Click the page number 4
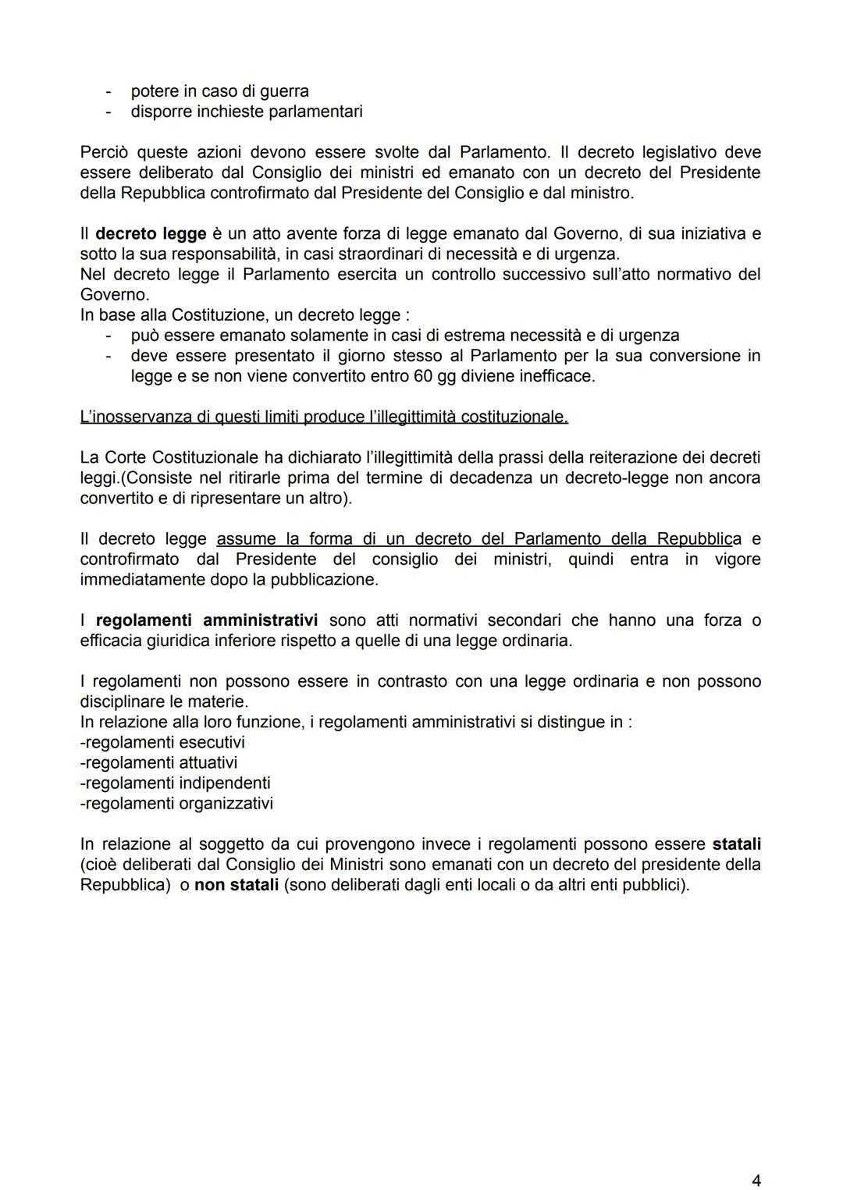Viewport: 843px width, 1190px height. pos(756,1159)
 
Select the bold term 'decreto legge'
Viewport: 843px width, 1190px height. pos(151,234)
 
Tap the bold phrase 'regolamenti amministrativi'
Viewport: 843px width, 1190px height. pos(206,621)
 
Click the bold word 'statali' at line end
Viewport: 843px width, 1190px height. pos(736,844)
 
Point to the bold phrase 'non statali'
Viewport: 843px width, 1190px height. pos(236,885)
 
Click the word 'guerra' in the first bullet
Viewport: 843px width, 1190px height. pos(283,91)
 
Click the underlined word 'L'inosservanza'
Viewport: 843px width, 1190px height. pos(134,417)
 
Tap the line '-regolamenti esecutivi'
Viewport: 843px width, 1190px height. pos(162,742)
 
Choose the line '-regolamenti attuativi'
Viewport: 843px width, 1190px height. pos(158,762)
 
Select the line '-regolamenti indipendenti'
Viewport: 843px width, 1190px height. pos(175,783)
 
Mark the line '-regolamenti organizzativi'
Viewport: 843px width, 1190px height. pos(176,803)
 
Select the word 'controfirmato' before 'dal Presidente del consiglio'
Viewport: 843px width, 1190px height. pos(130,559)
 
